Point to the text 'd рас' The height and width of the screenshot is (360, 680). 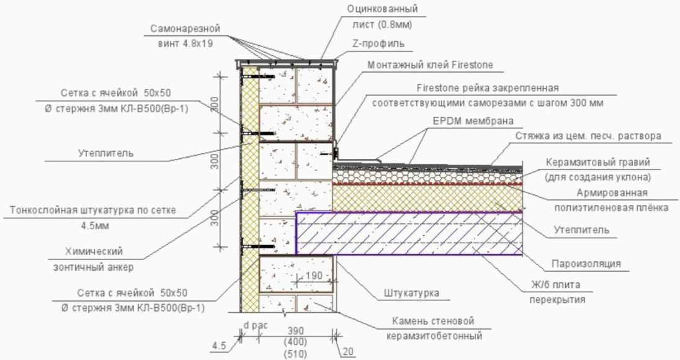pos(254,325)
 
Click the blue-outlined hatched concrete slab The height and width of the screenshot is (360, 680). pos(409,233)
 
